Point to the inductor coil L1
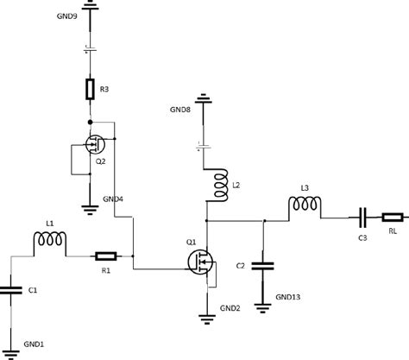coord(49,248)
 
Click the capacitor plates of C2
coord(264,266)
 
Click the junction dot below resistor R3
coord(90,122)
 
